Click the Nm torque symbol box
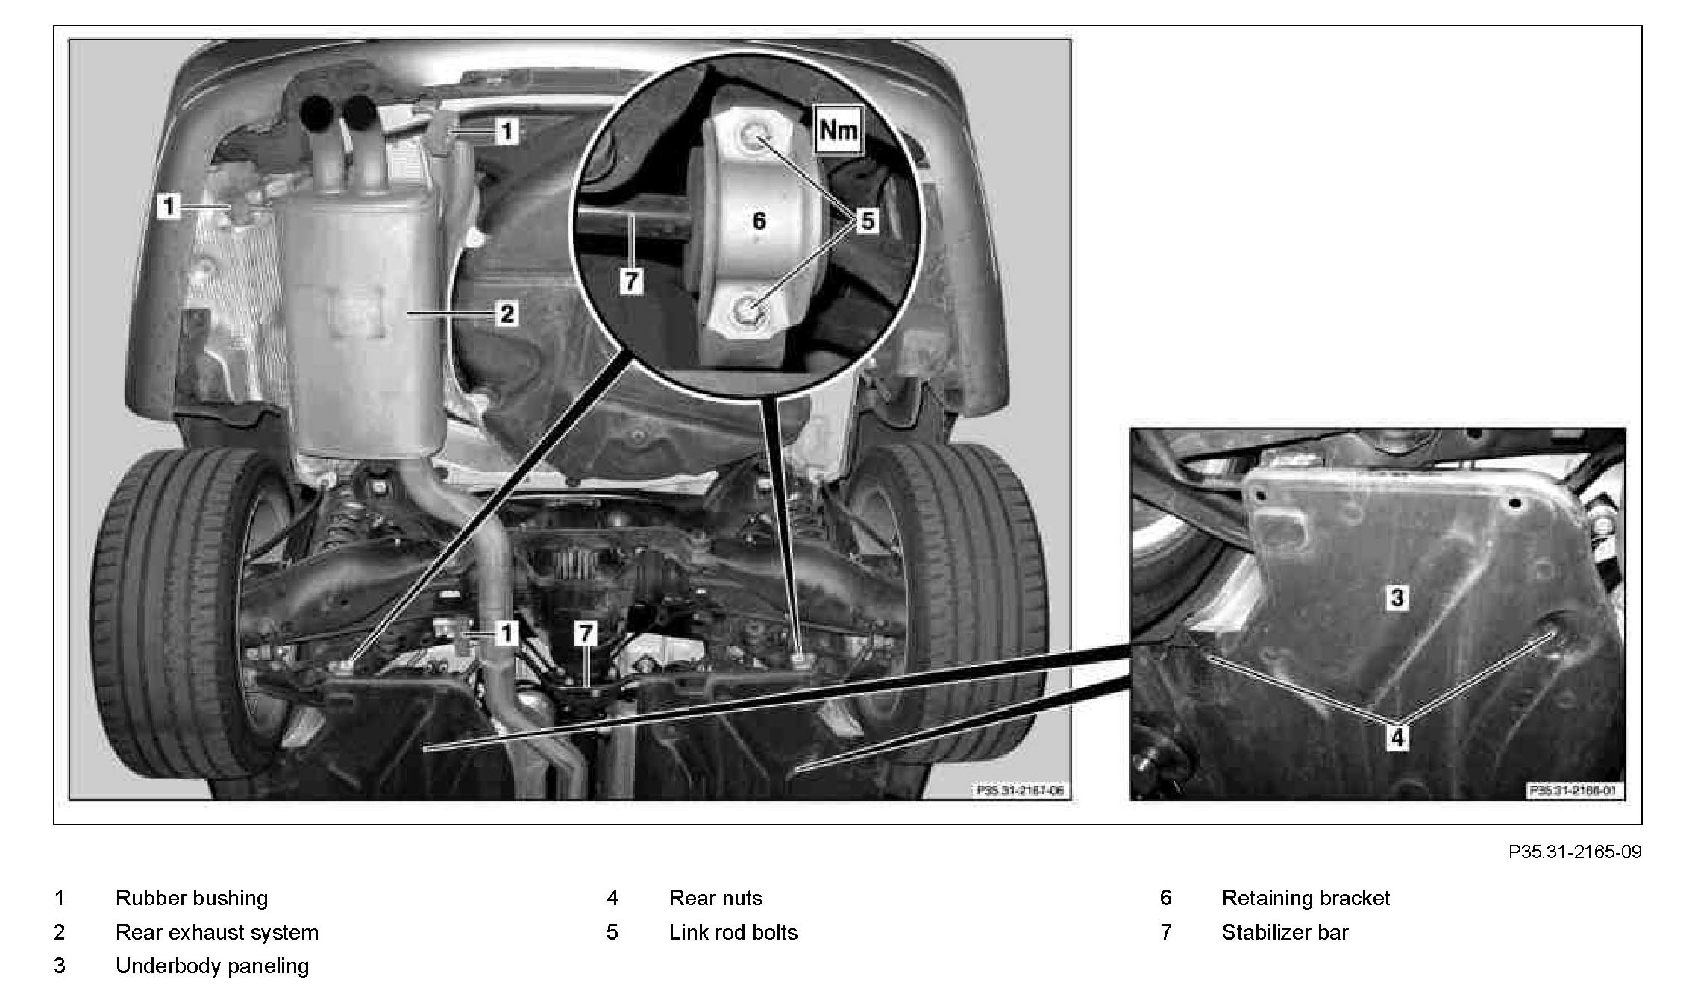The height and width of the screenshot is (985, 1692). click(x=839, y=130)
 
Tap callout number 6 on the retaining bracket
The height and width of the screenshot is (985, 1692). click(x=759, y=221)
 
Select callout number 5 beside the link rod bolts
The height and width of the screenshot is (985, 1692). click(x=867, y=221)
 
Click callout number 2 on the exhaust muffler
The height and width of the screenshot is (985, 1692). click(x=507, y=313)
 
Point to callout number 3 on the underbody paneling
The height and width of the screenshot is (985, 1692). click(x=1397, y=597)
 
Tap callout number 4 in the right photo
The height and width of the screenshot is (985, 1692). click(x=1397, y=737)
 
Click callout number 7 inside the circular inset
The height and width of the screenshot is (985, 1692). click(x=631, y=281)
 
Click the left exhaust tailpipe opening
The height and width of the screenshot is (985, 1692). click(x=317, y=113)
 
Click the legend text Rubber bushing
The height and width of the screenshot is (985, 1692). click(x=192, y=898)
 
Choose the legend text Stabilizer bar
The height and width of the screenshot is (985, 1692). click(x=1285, y=932)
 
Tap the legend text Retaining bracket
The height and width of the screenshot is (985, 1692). click(x=1306, y=898)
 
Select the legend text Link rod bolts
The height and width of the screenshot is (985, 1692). click(x=733, y=932)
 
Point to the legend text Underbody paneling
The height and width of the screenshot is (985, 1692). click(x=212, y=966)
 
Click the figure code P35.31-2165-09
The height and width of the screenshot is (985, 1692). click(x=1575, y=852)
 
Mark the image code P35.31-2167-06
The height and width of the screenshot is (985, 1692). click(x=1019, y=790)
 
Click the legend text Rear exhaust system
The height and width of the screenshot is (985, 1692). click(x=217, y=932)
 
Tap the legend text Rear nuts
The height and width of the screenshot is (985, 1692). click(x=716, y=898)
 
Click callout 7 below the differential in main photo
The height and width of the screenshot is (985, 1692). click(x=586, y=634)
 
